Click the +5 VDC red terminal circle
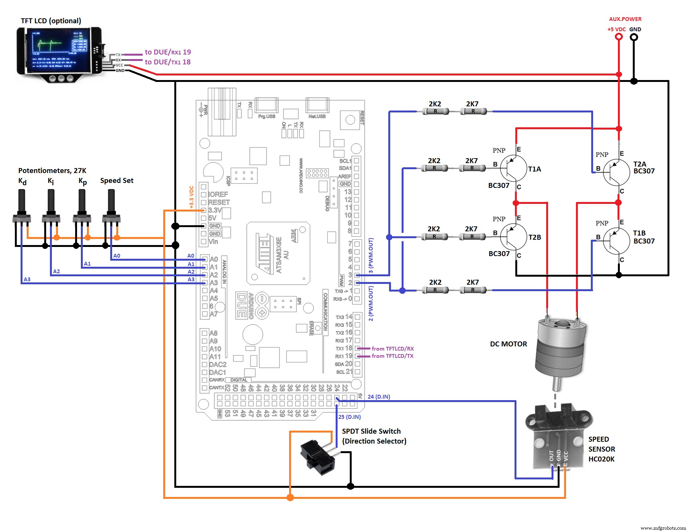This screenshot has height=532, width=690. pyautogui.click(x=619, y=37)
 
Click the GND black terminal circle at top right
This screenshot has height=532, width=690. pyautogui.click(x=634, y=37)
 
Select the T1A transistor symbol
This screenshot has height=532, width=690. pyautogui.click(x=513, y=168)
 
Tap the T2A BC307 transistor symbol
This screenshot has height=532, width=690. pyautogui.click(x=616, y=173)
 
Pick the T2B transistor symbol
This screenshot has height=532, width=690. pyautogui.click(x=513, y=237)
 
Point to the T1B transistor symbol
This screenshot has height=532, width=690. pyautogui.click(x=616, y=241)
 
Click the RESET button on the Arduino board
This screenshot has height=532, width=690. pyautogui.click(x=350, y=120)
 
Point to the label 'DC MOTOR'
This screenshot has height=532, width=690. pyautogui.click(x=508, y=344)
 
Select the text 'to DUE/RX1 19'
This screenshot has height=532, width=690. pyautogui.click(x=168, y=52)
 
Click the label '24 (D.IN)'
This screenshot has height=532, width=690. pyautogui.click(x=379, y=397)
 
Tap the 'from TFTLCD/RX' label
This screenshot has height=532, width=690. pyautogui.click(x=392, y=349)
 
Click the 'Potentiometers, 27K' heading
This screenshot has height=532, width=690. pyautogui.click(x=52, y=171)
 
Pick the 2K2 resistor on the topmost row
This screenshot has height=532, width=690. pyautogui.click(x=435, y=111)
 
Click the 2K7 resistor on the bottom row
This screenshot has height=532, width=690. pyautogui.click(x=473, y=290)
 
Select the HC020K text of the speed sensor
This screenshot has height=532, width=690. pyautogui.click(x=601, y=459)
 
